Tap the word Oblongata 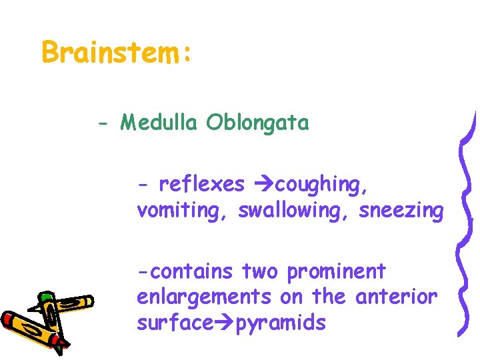pyautogui.click(x=257, y=123)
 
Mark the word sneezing pyautogui.click(x=401, y=211)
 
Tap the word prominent pyautogui.click(x=336, y=272)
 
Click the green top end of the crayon pyautogui.click(x=45, y=296)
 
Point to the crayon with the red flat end pyautogui.click(x=30, y=329)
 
